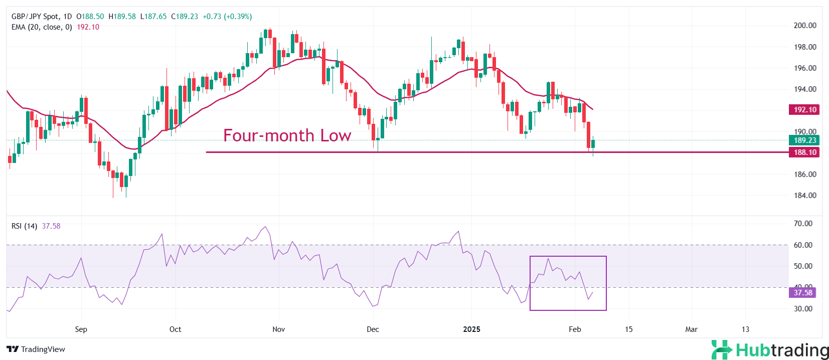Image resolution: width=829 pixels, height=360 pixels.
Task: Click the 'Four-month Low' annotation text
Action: click(x=287, y=135)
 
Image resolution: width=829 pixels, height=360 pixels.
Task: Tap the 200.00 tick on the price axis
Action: click(x=804, y=26)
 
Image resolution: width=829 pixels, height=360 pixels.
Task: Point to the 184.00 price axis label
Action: click(x=804, y=196)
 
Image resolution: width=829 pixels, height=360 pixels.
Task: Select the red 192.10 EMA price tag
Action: click(x=804, y=110)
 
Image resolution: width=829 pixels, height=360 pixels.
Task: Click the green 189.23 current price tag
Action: click(x=804, y=140)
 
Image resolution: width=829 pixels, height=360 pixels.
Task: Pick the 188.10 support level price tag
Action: click(x=804, y=152)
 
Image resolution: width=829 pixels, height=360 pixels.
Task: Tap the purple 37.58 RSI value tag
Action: click(x=802, y=293)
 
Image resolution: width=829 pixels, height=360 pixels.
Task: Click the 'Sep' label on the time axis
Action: click(x=81, y=329)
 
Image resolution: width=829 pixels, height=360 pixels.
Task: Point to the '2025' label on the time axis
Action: click(x=471, y=329)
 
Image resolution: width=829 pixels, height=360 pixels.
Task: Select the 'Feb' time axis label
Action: click(x=575, y=329)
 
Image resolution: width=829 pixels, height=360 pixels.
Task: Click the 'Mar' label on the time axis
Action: click(x=691, y=329)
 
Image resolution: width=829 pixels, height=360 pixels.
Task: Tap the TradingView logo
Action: click(x=36, y=349)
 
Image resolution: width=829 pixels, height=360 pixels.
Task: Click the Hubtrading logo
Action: click(x=770, y=350)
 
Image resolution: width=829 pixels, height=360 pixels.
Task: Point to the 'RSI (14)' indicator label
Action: click(x=24, y=226)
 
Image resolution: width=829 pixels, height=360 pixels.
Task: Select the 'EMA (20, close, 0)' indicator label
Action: click(x=42, y=27)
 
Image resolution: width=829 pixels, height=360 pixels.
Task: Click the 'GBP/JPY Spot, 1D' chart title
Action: click(x=42, y=17)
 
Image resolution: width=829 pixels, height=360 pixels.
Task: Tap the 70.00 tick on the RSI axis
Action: click(x=803, y=224)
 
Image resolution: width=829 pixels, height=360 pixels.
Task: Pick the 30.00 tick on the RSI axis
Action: click(x=803, y=309)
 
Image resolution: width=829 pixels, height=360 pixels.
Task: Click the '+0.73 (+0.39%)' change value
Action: click(x=227, y=17)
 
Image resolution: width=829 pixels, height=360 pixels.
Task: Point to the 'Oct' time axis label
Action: click(x=175, y=329)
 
